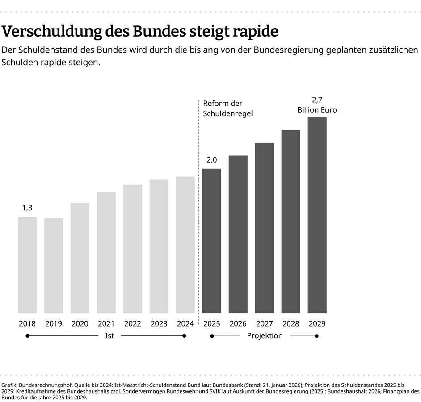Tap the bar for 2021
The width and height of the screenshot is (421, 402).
pos(106,252)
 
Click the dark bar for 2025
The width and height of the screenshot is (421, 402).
pos(211,241)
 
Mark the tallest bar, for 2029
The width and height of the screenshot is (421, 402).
pos(317,215)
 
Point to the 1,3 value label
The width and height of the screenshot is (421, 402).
pos(27,208)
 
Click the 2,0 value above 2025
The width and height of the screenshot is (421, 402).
pos(211,160)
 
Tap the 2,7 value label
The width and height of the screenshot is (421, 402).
pos(317,100)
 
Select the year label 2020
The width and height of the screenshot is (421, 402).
pos(80,323)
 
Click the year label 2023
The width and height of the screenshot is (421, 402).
pos(159,323)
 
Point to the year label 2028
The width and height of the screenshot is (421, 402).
pos(290,323)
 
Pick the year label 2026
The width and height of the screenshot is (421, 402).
pos(238,323)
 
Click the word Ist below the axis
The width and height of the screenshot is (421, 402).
pos(109,335)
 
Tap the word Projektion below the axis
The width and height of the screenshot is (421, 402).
pos(265,335)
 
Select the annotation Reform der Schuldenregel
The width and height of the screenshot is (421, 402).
pos(227,109)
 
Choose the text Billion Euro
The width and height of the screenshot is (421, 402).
pos(317,109)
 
